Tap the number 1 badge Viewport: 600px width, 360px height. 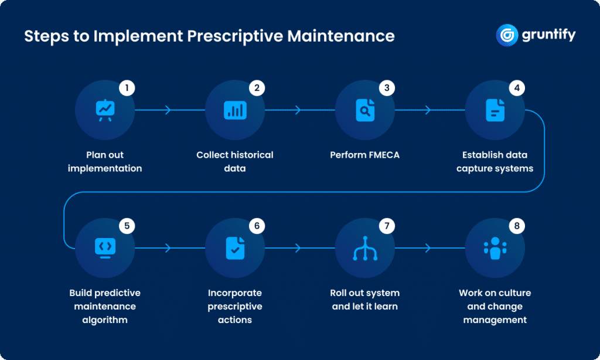(127, 89)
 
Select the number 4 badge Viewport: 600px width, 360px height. (516, 89)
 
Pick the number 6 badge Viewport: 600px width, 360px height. (256, 226)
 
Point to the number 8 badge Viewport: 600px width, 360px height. (516, 226)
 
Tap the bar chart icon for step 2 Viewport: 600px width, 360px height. (235, 110)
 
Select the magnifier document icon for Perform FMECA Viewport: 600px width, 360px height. (365, 110)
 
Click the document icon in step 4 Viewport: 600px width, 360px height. (495, 110)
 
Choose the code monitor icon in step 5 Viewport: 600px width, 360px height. (105, 247)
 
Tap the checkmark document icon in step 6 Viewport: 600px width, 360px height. (235, 247)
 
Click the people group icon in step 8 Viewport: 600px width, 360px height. (495, 247)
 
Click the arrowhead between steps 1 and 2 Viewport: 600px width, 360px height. (169, 110)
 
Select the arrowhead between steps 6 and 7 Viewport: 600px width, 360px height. (299, 247)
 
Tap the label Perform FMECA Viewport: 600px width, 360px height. (364, 155)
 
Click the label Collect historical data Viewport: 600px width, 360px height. (235, 161)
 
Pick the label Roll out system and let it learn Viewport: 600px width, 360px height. (364, 299)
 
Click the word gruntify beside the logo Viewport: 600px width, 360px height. (550, 35)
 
